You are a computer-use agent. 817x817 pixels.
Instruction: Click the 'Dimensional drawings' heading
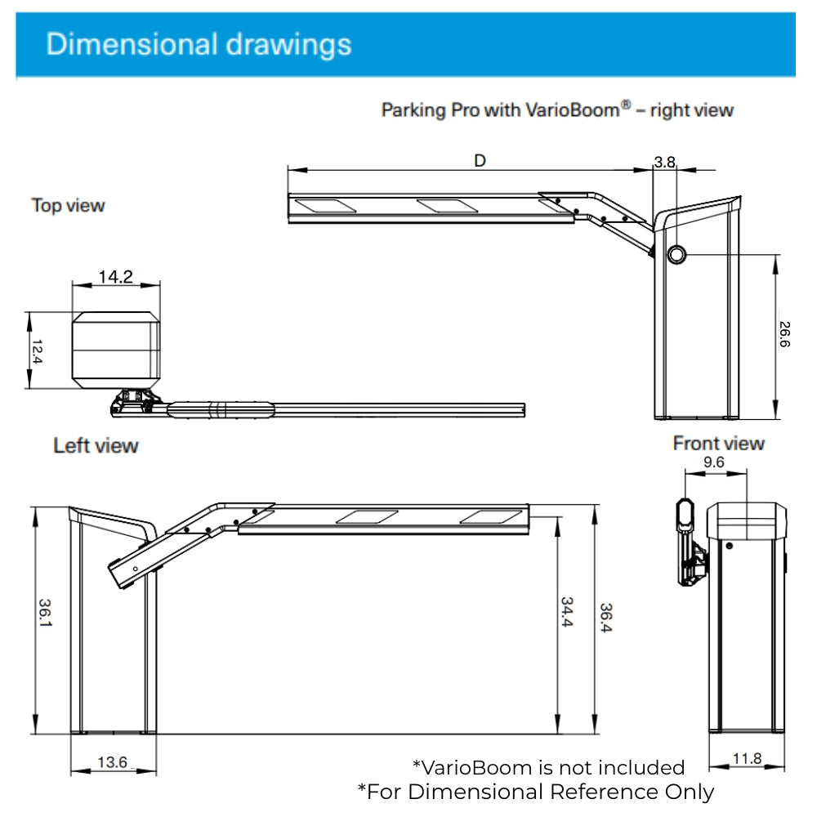pos(199,43)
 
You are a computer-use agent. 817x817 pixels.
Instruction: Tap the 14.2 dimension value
pos(115,277)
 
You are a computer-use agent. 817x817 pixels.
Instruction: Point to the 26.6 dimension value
pos(784,335)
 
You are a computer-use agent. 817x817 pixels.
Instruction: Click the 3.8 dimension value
pos(665,162)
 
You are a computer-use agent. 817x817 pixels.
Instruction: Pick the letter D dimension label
pos(480,161)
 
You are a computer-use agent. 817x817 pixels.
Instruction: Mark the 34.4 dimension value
pos(566,612)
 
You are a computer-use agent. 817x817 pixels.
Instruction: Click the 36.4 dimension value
pos(606,618)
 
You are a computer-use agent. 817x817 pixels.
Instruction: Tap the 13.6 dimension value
pos(112,762)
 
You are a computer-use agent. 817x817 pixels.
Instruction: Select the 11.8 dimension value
pos(746,759)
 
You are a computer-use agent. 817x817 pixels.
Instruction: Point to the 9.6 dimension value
pos(714,462)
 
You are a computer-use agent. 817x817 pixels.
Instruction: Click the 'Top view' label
pos(69,205)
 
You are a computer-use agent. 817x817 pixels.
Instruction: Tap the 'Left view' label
pos(96,445)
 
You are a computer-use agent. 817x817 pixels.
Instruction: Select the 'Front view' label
pos(718,443)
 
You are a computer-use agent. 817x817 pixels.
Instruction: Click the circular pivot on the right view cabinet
pos(677,256)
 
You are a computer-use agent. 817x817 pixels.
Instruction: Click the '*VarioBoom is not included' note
pos(548,767)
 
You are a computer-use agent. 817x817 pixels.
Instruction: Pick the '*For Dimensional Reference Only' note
pos(536,792)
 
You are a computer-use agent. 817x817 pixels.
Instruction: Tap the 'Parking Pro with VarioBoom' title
pos(557,109)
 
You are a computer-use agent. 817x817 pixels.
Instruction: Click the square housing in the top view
pos(115,349)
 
